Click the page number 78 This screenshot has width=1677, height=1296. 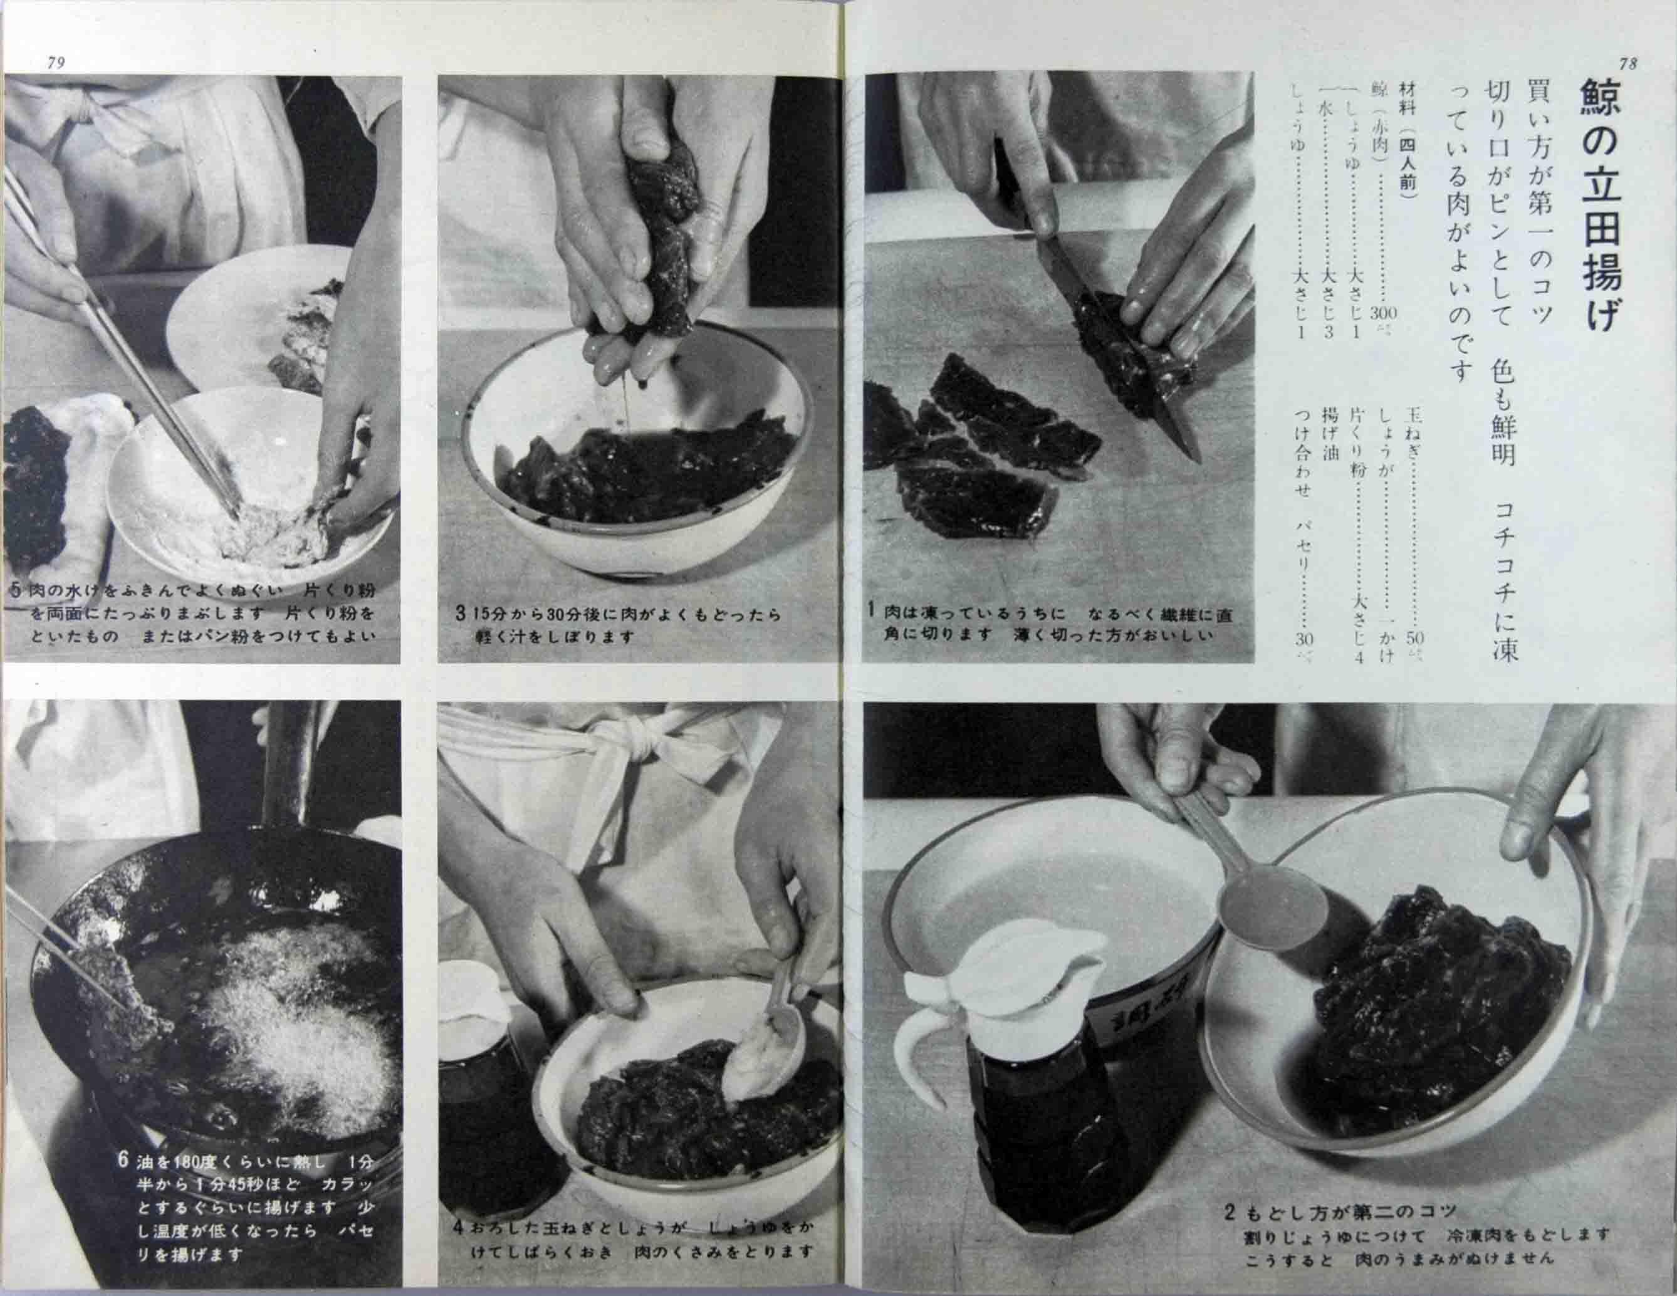coord(1626,65)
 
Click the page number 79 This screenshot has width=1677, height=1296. coord(56,63)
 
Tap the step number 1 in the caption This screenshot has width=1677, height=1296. coord(872,610)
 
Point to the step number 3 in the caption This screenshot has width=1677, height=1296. coord(460,614)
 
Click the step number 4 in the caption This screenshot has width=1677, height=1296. coord(457,1228)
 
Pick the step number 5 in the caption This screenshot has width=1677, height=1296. coord(16,590)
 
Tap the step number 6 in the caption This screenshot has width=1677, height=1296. coord(123,1160)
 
